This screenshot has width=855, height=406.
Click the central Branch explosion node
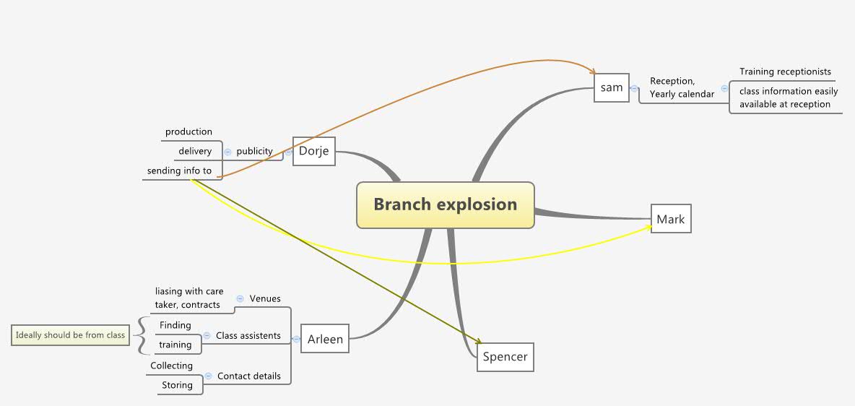tap(445, 204)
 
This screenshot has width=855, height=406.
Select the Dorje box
tap(313, 151)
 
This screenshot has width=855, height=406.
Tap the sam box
tap(611, 87)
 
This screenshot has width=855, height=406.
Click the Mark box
tap(670, 219)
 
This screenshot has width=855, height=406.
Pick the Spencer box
tap(505, 357)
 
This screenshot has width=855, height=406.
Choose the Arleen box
tap(324, 339)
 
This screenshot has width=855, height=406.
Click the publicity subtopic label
tap(254, 152)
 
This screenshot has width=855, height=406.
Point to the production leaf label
tap(188, 131)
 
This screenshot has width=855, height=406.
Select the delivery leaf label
tap(195, 151)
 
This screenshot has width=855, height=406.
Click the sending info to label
tap(179, 171)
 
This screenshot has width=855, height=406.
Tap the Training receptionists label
tap(785, 72)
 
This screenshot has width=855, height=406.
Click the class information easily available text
tap(788, 98)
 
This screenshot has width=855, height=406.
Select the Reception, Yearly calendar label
tap(681, 87)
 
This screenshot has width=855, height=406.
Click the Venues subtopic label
tap(265, 298)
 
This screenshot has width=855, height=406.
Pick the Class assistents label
tap(248, 335)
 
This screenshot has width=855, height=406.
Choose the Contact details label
tap(248, 376)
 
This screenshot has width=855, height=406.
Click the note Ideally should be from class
tap(70, 335)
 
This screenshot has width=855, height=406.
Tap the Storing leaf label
tap(177, 385)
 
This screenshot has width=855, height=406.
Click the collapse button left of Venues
tap(240, 298)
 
